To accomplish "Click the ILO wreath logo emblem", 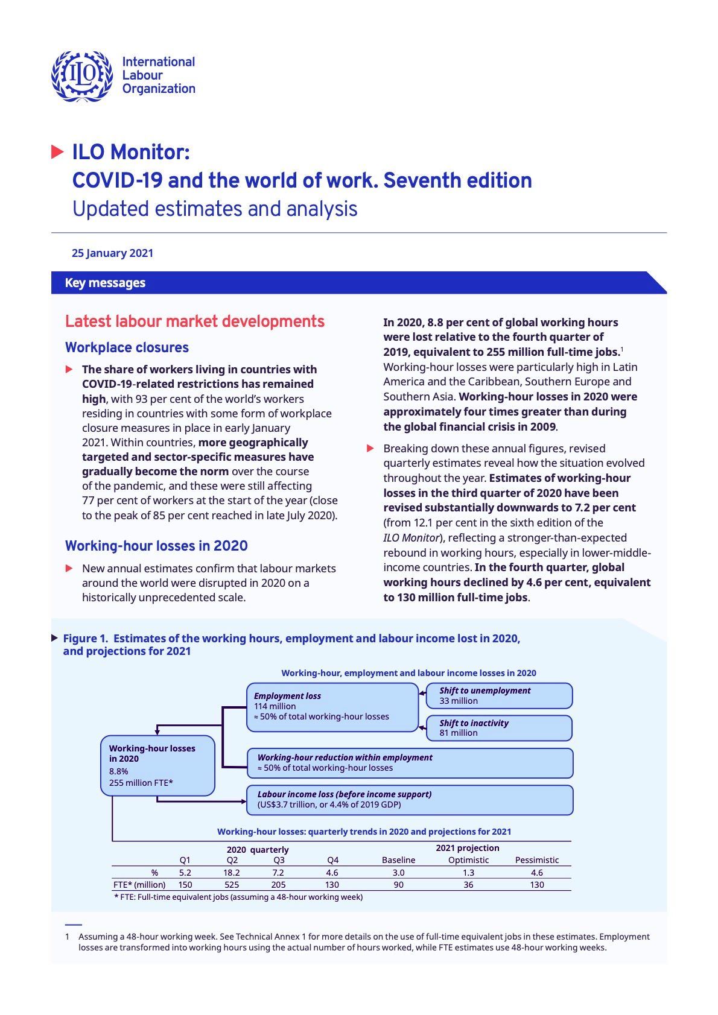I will click(81, 75).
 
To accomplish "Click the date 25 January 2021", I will click(112, 253).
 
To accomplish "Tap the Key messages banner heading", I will click(105, 283).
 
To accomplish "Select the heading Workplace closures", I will click(127, 347).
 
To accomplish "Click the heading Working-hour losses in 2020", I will click(156, 546).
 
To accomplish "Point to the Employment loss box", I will click(332, 706).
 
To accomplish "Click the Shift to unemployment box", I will click(498, 695).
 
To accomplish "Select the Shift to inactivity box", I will click(498, 728).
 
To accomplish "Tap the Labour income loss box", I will click(409, 800).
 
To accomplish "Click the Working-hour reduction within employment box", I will click(409, 763).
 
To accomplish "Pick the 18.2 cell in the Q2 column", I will click(232, 873).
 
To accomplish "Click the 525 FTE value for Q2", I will click(232, 885).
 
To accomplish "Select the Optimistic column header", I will click(468, 860).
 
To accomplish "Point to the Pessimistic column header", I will click(536, 860).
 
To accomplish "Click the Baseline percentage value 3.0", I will click(398, 873).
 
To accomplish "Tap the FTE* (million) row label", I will click(139, 885).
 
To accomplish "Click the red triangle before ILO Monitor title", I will click(58, 152).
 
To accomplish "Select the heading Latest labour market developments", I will click(194, 321).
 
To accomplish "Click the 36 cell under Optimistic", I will click(468, 885).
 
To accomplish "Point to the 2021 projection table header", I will click(467, 848).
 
